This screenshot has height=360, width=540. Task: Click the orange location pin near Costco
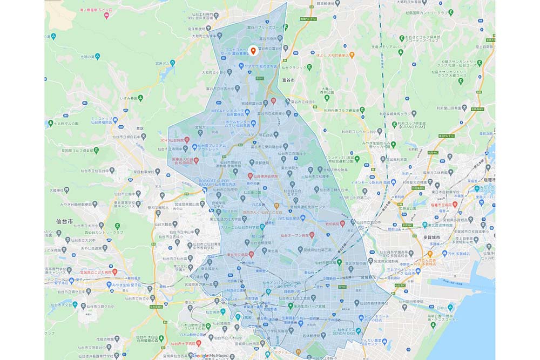[x=254, y=51]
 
